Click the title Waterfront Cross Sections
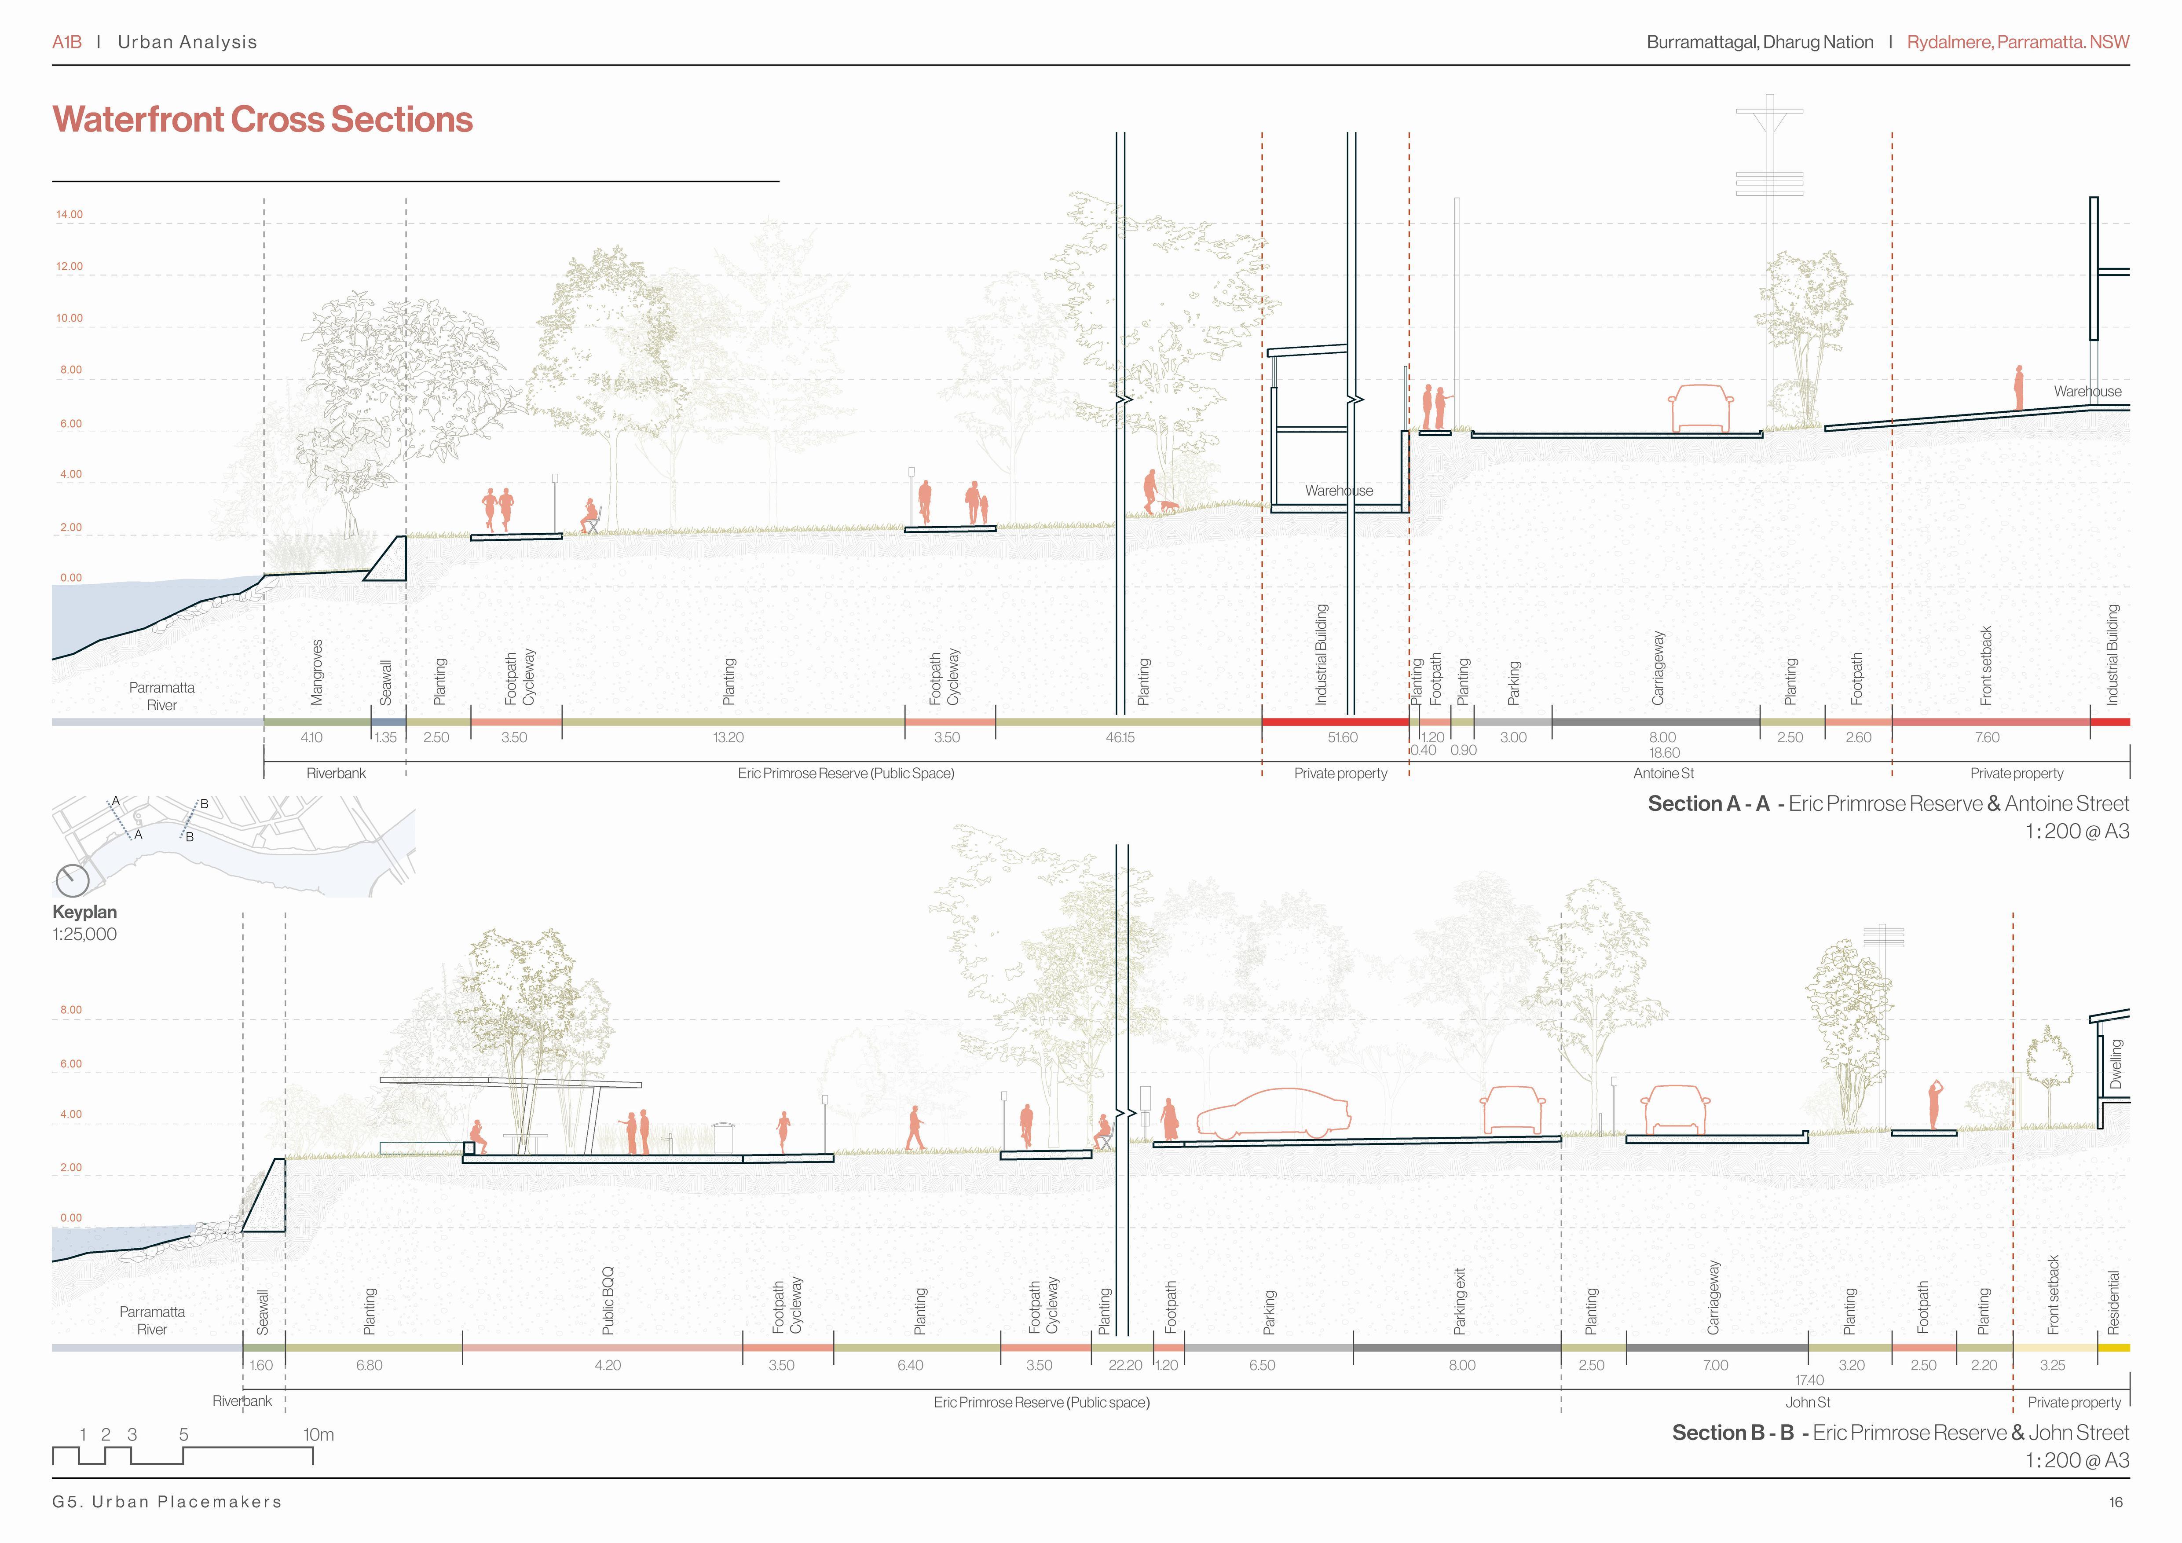coord(262,120)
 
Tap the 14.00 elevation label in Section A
coord(70,215)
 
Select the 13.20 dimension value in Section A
coord(729,738)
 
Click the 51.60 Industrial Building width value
coord(1342,738)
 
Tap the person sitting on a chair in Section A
coord(591,518)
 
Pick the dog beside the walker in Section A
coord(1169,507)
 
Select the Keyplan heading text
coord(84,912)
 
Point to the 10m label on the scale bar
coord(319,1435)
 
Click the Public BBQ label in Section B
coord(608,1301)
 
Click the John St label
coord(1808,1402)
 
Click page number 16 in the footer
coord(2116,1502)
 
